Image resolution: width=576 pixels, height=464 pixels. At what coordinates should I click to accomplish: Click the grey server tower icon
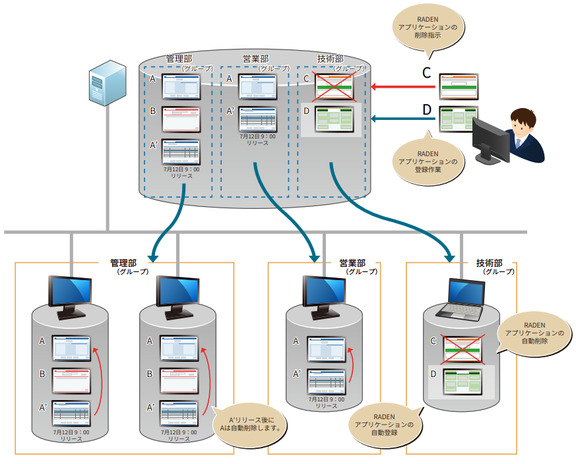coord(106,82)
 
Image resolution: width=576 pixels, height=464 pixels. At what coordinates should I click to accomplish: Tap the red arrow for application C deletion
coord(404,86)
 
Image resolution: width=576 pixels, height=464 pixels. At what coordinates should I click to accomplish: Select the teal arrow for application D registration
coord(404,119)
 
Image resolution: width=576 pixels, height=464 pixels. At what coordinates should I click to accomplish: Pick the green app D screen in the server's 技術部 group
coord(334,119)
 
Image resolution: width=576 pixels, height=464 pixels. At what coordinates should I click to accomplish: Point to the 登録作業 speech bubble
coord(428,161)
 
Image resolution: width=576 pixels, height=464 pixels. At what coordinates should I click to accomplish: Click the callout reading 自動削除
coord(534,333)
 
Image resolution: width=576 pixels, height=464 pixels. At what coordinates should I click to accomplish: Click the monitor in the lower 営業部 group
coord(324,294)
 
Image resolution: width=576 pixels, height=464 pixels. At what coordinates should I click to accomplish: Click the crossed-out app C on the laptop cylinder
coord(463,348)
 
